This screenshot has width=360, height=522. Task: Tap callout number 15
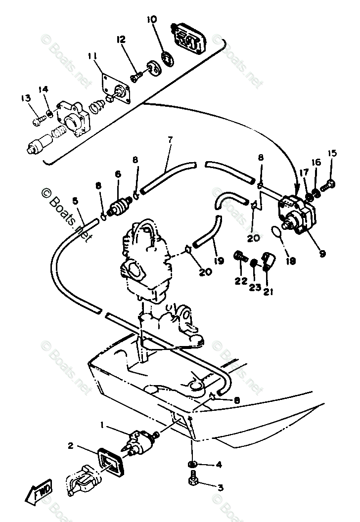(x=331, y=154)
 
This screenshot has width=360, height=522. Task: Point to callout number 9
(x=322, y=254)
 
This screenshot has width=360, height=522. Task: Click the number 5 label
(x=75, y=201)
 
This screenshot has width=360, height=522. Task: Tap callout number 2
(x=71, y=446)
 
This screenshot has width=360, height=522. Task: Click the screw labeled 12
(x=136, y=77)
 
